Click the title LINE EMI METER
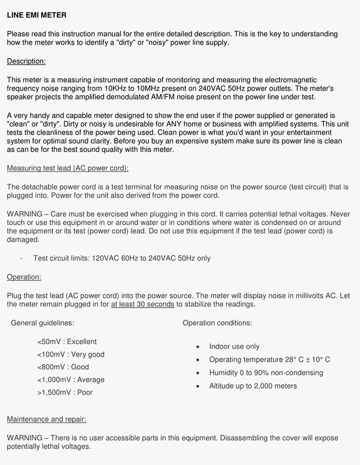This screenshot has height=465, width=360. pyautogui.click(x=36, y=15)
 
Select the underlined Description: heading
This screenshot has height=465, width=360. pyautogui.click(x=26, y=61)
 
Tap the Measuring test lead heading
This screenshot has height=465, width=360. pyautogui.click(x=68, y=168)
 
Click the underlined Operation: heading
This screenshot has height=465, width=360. pyautogui.click(x=24, y=277)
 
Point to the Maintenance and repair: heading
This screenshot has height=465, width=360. pyautogui.click(x=47, y=419)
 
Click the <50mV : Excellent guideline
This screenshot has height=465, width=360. pyautogui.click(x=67, y=342)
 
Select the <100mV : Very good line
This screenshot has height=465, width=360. pyautogui.click(x=71, y=354)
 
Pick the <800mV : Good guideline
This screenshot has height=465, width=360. pyautogui.click(x=63, y=367)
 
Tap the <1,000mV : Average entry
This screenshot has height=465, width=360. pyautogui.click(x=71, y=380)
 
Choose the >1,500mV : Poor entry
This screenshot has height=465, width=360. pyautogui.click(x=65, y=392)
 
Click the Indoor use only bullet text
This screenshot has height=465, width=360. pyautogui.click(x=234, y=346)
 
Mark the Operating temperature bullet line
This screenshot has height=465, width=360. pyautogui.click(x=269, y=359)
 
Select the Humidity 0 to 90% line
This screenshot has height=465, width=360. pyautogui.click(x=266, y=372)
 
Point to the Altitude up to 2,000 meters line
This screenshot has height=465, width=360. pyautogui.click(x=253, y=386)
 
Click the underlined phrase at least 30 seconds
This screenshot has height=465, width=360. pyautogui.click(x=143, y=304)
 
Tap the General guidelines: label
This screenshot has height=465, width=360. pyautogui.click(x=42, y=323)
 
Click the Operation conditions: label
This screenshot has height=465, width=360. pyautogui.click(x=217, y=323)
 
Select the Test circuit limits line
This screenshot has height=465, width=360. pyautogui.click(x=122, y=258)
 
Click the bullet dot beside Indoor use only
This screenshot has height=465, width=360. pyautogui.click(x=198, y=347)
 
